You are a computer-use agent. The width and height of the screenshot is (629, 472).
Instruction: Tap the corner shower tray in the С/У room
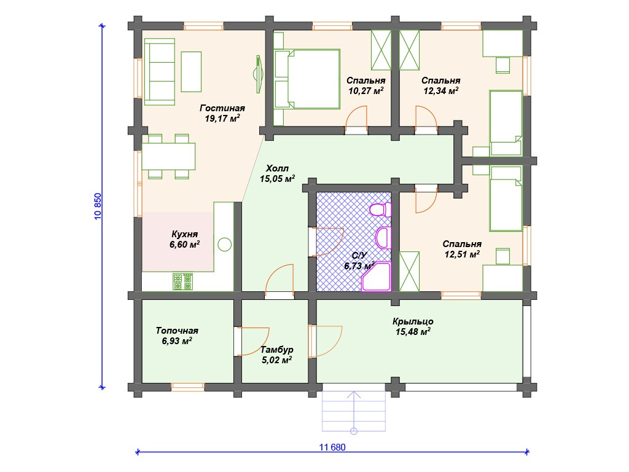377,277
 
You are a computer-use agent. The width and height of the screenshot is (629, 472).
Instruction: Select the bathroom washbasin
383,238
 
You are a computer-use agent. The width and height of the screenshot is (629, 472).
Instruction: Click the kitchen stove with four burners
182,281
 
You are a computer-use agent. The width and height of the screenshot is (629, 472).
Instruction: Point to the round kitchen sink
225,245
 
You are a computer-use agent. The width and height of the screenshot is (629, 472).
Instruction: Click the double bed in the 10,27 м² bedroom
307,79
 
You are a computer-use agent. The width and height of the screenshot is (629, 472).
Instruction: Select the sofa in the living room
160,72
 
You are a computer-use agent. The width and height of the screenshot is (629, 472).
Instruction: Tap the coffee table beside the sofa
191,72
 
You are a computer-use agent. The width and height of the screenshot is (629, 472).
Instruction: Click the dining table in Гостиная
168,156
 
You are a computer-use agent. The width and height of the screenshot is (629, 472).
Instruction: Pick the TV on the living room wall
259,74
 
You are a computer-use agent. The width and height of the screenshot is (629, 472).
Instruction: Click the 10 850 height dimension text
98,206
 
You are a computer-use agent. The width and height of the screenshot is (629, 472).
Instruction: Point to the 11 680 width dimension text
332,447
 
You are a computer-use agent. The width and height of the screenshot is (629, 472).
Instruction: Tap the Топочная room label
177,331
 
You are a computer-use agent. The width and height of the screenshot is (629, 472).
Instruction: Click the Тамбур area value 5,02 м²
277,360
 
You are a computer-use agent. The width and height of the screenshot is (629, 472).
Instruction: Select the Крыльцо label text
413,321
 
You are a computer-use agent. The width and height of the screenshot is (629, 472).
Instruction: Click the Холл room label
277,168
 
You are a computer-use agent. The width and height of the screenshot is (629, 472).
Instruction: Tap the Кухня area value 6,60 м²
184,245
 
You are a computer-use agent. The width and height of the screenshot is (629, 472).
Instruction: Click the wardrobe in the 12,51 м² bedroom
410,271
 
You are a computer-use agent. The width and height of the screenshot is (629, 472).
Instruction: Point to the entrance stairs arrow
353,412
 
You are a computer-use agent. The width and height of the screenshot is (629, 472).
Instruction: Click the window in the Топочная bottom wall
188,387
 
